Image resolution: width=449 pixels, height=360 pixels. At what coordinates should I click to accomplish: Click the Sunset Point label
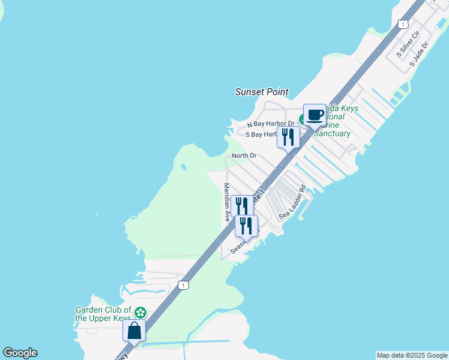(x=261, y=92)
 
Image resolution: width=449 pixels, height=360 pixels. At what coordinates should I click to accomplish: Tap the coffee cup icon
(x=315, y=115)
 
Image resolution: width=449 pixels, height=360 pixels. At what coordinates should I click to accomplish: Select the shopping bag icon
(x=134, y=330)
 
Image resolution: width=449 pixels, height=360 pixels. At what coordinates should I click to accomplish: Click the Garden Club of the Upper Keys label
(x=103, y=313)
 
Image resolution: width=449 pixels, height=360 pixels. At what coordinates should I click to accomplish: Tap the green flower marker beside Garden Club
(x=140, y=313)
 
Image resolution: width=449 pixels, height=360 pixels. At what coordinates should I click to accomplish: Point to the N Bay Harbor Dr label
(x=271, y=124)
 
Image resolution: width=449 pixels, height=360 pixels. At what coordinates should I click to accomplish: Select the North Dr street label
(x=244, y=156)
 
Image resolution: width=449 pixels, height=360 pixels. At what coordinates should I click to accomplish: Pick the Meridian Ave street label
(x=228, y=202)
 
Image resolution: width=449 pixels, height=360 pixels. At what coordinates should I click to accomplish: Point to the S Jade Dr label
(x=419, y=54)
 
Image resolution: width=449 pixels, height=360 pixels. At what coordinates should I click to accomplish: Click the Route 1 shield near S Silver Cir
(x=403, y=24)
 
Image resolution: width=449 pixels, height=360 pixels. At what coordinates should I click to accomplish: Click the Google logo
(x=20, y=353)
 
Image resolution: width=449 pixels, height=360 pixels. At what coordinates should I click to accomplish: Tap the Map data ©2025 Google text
(x=412, y=355)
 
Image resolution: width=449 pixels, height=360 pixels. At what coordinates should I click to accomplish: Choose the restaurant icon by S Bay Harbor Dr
(x=288, y=137)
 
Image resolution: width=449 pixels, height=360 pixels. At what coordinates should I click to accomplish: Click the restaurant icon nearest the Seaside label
(x=246, y=226)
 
